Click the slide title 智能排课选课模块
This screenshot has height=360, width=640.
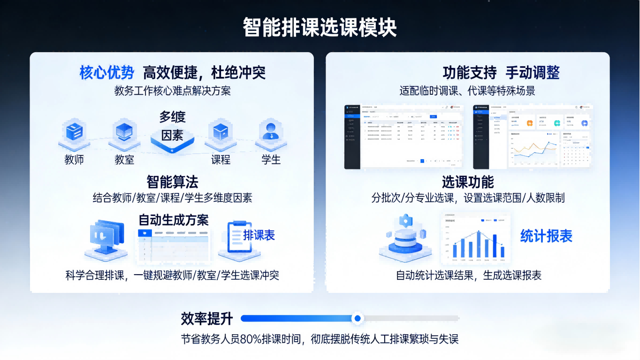tap(320, 28)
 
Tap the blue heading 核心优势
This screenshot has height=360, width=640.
tap(107, 72)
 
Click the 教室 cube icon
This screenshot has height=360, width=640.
tap(124, 131)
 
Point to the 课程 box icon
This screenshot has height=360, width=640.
tap(220, 132)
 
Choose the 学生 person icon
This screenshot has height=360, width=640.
tap(271, 131)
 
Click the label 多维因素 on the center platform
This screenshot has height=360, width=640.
tap(172, 126)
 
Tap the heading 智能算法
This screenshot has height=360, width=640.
tap(172, 182)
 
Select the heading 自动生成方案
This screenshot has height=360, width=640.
tap(174, 220)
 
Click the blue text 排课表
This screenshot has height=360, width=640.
tap(259, 235)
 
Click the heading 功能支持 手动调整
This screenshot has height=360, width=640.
tap(501, 72)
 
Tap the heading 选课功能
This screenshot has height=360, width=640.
tap(468, 182)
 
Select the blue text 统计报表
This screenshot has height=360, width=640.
tap(546, 236)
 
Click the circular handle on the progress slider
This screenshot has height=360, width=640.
tap(358, 318)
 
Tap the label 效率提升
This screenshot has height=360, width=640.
tap(207, 319)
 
